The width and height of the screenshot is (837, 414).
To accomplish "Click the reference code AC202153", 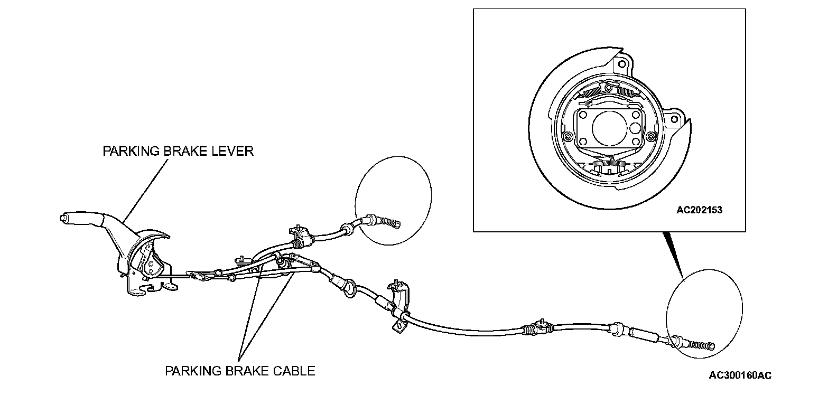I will coord(699,210).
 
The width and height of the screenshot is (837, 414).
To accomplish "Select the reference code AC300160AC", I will coord(740,375).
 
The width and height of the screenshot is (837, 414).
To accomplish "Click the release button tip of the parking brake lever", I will coord(63,217).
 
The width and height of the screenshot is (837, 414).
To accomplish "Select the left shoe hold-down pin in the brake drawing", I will coord(568,137).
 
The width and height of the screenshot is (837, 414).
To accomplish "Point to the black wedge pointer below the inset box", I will coord(674,253).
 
